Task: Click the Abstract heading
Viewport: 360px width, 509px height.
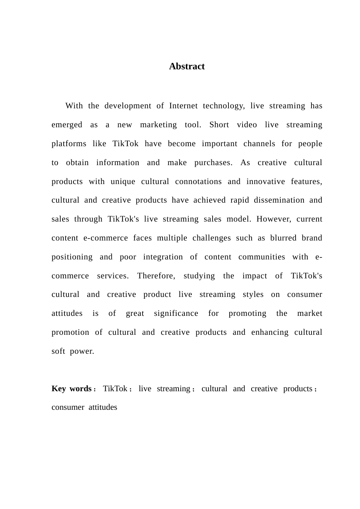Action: (187, 67)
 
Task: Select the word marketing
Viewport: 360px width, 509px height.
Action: (158, 125)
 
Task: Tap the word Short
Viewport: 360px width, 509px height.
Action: (219, 125)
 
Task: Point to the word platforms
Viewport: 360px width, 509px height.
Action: (69, 144)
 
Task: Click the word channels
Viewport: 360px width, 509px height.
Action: (259, 144)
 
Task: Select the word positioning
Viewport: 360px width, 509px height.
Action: (72, 257)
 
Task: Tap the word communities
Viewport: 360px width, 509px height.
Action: (261, 257)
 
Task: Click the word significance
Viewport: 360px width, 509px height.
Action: (176, 314)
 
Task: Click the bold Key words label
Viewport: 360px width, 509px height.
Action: (71, 389)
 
